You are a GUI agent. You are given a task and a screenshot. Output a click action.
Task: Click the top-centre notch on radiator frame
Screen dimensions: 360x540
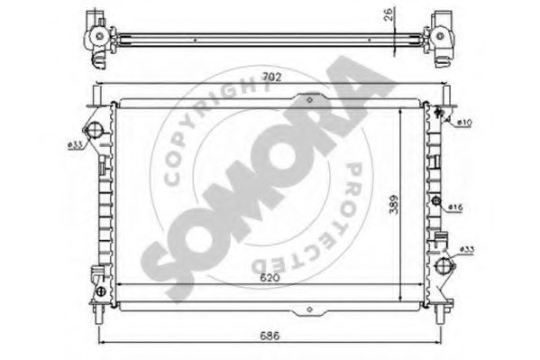tap(309, 99)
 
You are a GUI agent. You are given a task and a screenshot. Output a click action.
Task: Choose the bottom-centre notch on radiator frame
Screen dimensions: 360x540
tap(309, 310)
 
